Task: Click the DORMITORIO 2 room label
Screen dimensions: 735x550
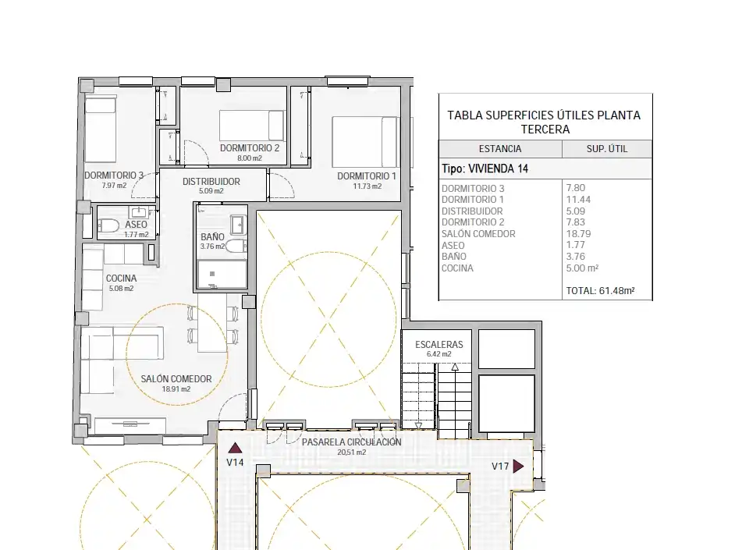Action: (x=250, y=148)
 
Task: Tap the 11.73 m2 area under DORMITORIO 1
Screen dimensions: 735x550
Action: (x=367, y=186)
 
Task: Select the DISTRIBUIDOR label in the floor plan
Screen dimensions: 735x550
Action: (x=211, y=181)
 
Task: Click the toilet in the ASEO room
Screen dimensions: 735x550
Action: (x=108, y=225)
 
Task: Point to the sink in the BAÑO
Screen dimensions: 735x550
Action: (x=238, y=225)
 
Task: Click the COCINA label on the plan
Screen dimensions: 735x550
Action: (x=121, y=279)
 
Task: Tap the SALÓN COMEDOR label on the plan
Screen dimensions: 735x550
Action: (x=176, y=378)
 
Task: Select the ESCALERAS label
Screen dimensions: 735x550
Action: (x=439, y=345)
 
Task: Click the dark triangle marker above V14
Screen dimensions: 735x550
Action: (x=235, y=448)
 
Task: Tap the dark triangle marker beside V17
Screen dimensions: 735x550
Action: (x=518, y=467)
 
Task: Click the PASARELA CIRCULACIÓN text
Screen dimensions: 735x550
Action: (x=352, y=442)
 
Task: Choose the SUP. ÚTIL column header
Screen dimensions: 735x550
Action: (x=606, y=149)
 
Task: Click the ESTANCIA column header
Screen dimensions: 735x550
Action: (x=499, y=149)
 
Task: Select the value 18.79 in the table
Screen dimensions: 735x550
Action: (x=578, y=233)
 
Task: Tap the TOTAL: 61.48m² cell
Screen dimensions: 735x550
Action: (x=600, y=290)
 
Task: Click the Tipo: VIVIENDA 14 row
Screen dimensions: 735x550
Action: (x=485, y=169)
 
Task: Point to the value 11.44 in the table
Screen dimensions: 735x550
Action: (x=578, y=199)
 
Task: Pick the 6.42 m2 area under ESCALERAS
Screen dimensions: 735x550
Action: (x=439, y=354)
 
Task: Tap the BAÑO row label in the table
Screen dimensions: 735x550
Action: (x=454, y=256)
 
